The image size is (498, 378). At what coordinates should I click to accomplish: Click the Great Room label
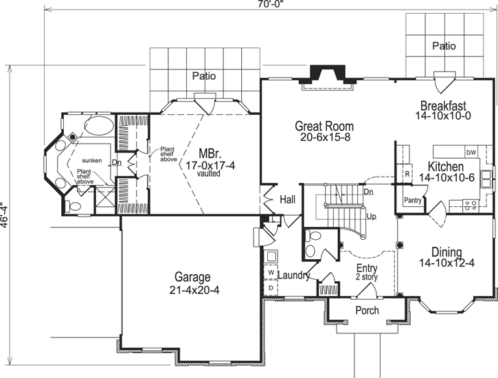click(x=324, y=126)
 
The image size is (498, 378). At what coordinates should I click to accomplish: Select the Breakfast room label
click(x=444, y=106)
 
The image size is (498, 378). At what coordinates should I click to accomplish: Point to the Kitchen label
click(x=445, y=167)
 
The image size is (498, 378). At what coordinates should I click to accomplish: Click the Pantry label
click(x=413, y=201)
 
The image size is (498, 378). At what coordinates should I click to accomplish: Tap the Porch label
click(x=366, y=311)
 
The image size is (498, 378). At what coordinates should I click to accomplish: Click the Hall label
click(x=288, y=199)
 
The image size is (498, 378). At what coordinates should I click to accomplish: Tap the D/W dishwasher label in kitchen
click(x=471, y=152)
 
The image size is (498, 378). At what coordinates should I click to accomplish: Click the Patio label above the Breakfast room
click(x=444, y=46)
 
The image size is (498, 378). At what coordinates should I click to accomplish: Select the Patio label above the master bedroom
click(x=204, y=76)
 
